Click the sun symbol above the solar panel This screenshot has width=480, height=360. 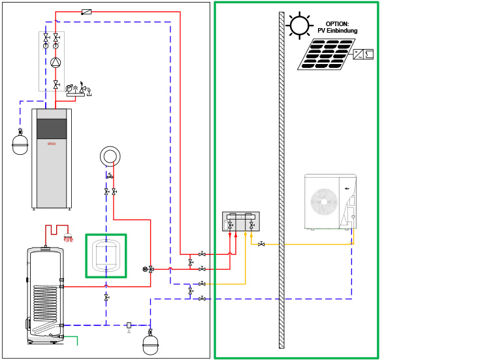click(x=299, y=25)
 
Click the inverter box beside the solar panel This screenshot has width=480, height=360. click(x=363, y=54)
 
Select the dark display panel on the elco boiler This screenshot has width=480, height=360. click(x=52, y=129)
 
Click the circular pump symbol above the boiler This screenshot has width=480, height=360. click(x=56, y=63)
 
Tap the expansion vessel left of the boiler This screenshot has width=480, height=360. click(x=20, y=144)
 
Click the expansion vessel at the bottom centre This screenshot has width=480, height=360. click(x=151, y=344)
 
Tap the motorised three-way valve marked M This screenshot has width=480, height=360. click(x=151, y=269)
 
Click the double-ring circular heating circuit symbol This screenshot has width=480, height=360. click(x=110, y=156)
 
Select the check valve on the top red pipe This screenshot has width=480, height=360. click(x=86, y=12)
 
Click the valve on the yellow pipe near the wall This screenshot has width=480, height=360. click(x=261, y=244)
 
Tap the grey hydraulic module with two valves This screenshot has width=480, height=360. click(x=241, y=221)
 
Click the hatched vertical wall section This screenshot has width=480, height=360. click(x=281, y=180)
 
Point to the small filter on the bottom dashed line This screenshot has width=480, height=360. click(x=129, y=325)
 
